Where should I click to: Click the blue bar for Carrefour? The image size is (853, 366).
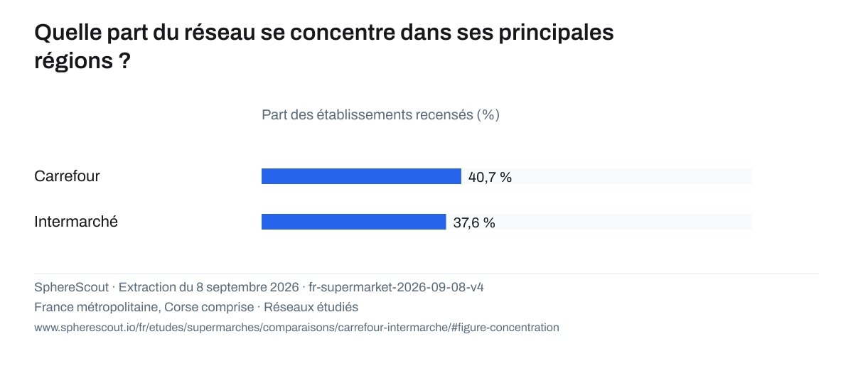[x=361, y=176]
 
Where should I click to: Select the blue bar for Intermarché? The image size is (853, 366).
[x=354, y=222]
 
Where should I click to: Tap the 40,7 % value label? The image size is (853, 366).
[x=490, y=177]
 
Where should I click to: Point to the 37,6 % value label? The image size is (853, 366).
[x=474, y=222]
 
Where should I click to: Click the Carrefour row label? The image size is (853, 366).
[x=67, y=176]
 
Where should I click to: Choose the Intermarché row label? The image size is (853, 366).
[x=76, y=222]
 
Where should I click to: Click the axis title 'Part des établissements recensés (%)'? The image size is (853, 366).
[x=380, y=114]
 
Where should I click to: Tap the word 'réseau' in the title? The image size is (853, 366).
[x=220, y=33]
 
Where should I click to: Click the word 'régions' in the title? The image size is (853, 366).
[x=73, y=61]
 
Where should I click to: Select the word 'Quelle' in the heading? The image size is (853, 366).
[x=68, y=33]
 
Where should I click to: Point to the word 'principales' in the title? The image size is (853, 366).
[x=557, y=33]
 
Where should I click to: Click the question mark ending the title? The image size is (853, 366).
[x=124, y=60]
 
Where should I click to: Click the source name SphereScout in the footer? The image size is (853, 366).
[x=71, y=287]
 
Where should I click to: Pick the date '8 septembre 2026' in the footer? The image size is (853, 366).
[x=247, y=287]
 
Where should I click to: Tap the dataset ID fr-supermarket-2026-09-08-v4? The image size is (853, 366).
[x=396, y=287]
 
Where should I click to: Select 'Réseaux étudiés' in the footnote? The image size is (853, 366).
[x=311, y=307]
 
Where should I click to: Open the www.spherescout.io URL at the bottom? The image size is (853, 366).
[x=296, y=328]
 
